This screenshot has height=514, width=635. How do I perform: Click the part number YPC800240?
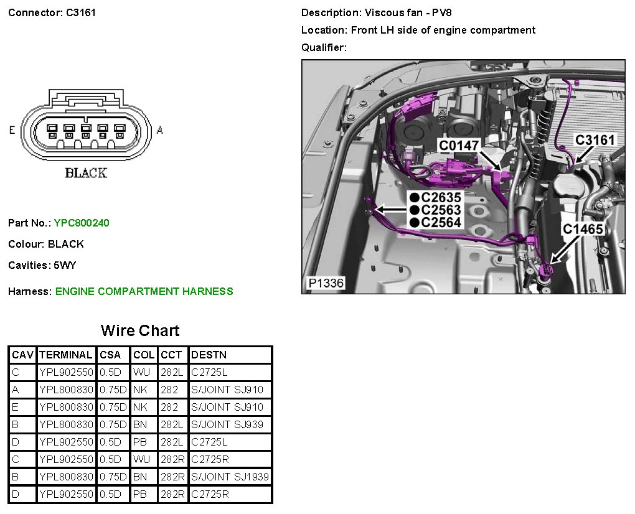(x=82, y=223)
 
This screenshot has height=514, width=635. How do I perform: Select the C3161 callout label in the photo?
(x=595, y=140)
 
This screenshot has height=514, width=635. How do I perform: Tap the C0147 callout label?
(x=459, y=146)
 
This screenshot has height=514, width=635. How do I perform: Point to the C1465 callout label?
(x=583, y=229)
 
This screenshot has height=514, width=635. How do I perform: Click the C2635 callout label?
(x=441, y=198)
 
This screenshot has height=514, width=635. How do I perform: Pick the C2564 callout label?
(x=441, y=223)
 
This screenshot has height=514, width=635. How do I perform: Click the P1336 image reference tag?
(x=325, y=284)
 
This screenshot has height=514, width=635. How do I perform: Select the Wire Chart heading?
(x=140, y=330)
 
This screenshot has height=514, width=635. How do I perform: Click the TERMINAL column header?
(x=65, y=355)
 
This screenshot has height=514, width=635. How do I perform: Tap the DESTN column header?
(x=209, y=355)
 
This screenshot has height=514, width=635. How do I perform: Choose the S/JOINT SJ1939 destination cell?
(x=230, y=477)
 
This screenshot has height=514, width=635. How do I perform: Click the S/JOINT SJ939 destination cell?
(x=227, y=424)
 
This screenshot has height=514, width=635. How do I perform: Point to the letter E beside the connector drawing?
(x=12, y=130)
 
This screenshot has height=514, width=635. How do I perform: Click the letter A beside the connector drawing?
(x=160, y=130)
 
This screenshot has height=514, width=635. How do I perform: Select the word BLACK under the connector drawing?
(x=86, y=173)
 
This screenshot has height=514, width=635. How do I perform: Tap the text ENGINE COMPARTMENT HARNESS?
(x=144, y=291)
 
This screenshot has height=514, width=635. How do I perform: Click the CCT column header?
(x=171, y=355)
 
